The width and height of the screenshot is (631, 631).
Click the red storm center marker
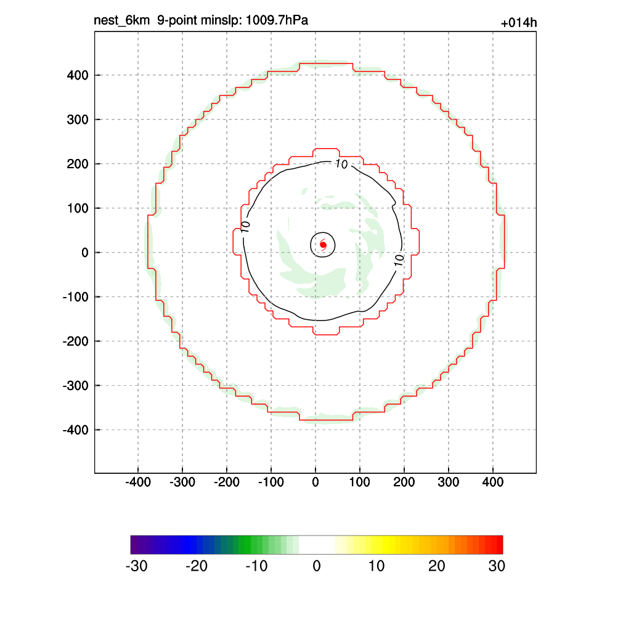pyautogui.click(x=323, y=245)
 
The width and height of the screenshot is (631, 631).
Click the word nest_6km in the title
pyautogui.click(x=121, y=21)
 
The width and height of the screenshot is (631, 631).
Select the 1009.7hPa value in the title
pyautogui.click(x=277, y=21)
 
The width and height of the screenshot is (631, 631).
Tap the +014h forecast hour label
pyautogui.click(x=519, y=23)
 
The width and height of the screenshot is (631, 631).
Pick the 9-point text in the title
pyautogui.click(x=176, y=21)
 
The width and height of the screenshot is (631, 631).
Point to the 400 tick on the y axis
pyautogui.click(x=78, y=75)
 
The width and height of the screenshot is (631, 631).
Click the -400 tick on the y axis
pyautogui.click(x=76, y=429)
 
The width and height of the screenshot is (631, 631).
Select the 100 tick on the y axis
pyautogui.click(x=78, y=208)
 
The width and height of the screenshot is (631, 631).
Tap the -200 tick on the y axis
pyautogui.click(x=76, y=341)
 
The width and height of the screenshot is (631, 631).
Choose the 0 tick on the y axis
pyautogui.click(x=85, y=253)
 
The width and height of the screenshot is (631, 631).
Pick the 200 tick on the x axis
pyautogui.click(x=404, y=482)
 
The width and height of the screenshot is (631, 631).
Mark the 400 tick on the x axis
pyautogui.click(x=493, y=482)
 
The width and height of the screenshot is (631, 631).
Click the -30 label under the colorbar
pyautogui.click(x=136, y=566)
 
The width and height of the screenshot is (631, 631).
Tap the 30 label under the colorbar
pyautogui.click(x=497, y=566)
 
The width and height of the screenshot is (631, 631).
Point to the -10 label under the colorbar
pyautogui.click(x=256, y=566)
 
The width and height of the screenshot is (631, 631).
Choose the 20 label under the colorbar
pyautogui.click(x=437, y=566)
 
